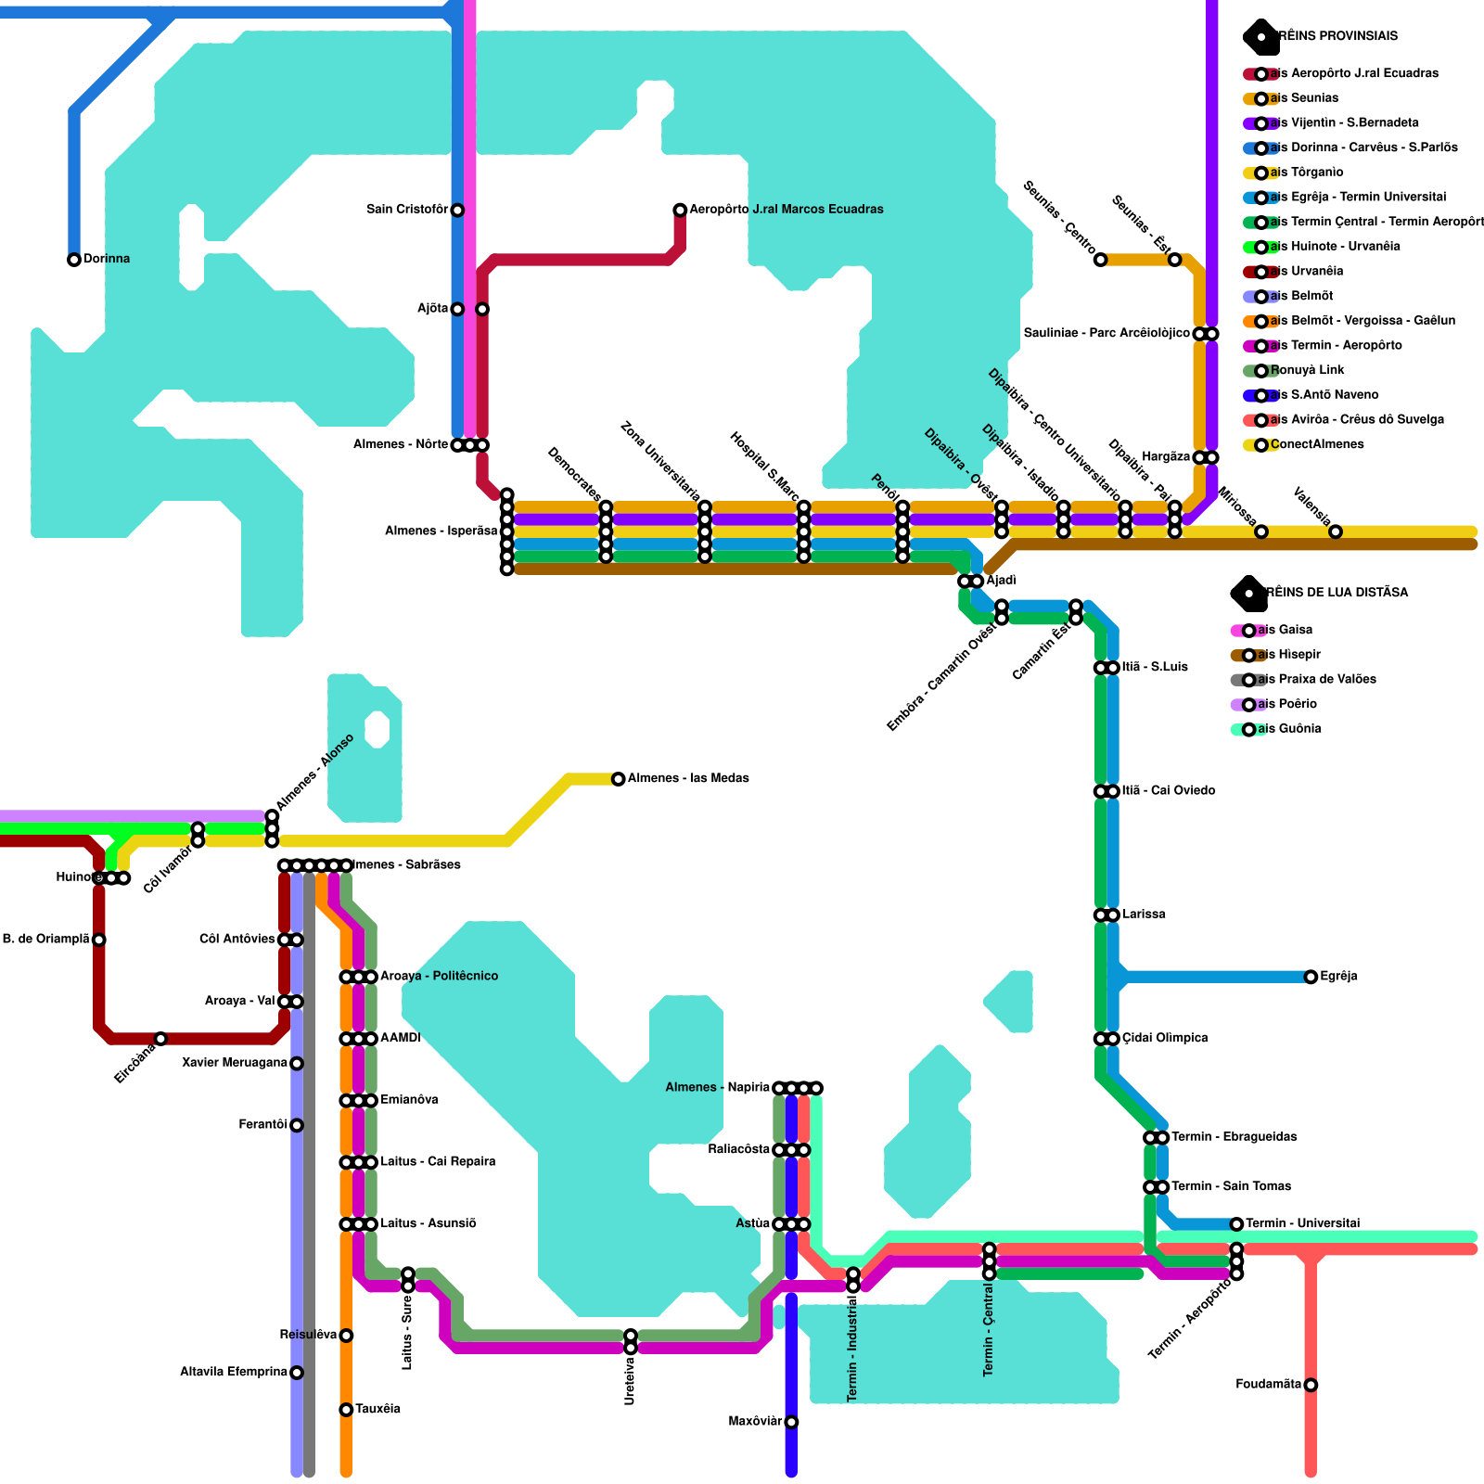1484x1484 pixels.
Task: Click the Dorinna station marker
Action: [74, 260]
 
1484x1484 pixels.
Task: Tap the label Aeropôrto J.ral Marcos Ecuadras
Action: [786, 210]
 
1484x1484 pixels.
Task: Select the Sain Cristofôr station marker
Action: [457, 211]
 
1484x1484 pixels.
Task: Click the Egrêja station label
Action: [1338, 977]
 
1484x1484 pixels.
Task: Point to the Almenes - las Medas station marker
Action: [619, 779]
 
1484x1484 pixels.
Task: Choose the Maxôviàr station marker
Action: [791, 1422]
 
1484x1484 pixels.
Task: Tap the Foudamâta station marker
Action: [1311, 1385]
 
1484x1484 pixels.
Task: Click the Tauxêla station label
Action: [377, 1409]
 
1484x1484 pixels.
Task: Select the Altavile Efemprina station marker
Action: [297, 1373]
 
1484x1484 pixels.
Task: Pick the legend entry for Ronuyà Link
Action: [1307, 370]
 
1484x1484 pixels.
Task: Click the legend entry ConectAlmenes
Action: [1316, 444]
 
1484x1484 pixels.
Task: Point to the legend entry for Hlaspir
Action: [1288, 655]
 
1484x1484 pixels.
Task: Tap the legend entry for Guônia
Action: [1288, 729]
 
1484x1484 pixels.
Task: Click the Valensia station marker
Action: [1336, 531]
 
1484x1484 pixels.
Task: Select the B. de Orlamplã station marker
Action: [99, 940]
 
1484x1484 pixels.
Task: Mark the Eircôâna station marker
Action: [160, 1039]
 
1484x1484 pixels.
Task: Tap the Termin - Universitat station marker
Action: [1236, 1224]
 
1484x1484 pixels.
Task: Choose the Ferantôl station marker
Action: [297, 1125]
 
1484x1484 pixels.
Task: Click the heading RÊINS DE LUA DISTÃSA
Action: [1336, 593]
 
